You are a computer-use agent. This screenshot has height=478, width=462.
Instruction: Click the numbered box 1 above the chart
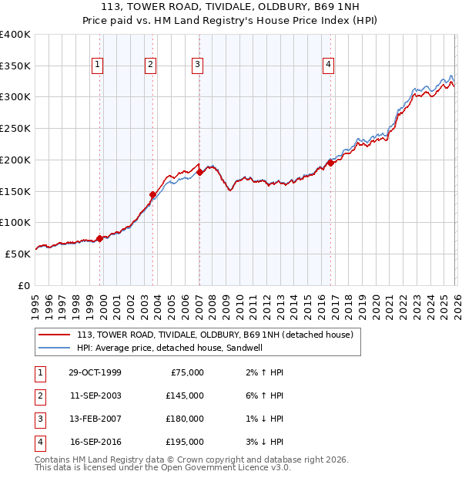(x=99, y=66)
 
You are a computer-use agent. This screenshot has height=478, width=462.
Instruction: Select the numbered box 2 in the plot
(x=151, y=66)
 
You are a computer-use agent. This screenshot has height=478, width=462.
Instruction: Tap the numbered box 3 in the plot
(x=198, y=66)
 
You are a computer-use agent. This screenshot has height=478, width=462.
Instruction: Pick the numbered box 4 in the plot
(x=328, y=66)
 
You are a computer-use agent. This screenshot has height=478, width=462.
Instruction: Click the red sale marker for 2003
(x=152, y=194)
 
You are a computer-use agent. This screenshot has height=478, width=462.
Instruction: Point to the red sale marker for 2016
(x=330, y=163)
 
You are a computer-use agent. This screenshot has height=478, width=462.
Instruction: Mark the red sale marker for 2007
(x=199, y=173)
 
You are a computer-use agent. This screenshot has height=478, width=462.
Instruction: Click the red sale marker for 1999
(x=100, y=238)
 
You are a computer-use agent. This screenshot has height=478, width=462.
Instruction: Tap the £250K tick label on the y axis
(x=15, y=129)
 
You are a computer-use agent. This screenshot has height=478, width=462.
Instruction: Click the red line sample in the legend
(x=54, y=335)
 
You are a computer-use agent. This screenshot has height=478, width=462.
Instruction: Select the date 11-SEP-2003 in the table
(x=95, y=396)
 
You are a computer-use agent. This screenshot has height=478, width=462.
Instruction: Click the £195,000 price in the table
(x=185, y=442)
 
